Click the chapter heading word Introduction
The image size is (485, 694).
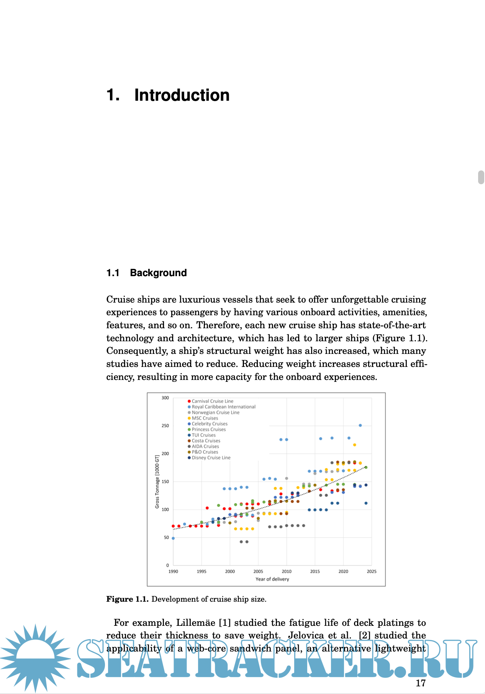coord(182,95)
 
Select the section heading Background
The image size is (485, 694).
coord(158,273)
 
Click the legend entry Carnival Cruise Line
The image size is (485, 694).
coord(212,401)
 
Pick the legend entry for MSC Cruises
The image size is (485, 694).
coord(205,418)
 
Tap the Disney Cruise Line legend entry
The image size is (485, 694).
coord(211,458)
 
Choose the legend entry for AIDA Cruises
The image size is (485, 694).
coord(205,446)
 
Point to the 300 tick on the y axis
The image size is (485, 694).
coord(165,398)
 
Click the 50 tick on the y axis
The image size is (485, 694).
coord(166,537)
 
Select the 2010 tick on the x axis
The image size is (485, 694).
coord(287,571)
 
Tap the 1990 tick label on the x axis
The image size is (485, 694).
coord(173,571)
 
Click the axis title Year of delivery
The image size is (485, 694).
coord(272,579)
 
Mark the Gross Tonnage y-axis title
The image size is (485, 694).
coord(157,482)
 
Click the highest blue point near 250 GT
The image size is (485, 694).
coord(360,426)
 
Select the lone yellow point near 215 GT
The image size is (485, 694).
coord(354,445)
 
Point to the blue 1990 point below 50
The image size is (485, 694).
coord(173,538)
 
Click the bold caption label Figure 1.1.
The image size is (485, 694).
coord(127,599)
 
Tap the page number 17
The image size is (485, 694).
coord(421,683)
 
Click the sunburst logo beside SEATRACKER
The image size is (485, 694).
coord(35,658)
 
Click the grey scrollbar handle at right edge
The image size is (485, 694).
coord(481,177)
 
